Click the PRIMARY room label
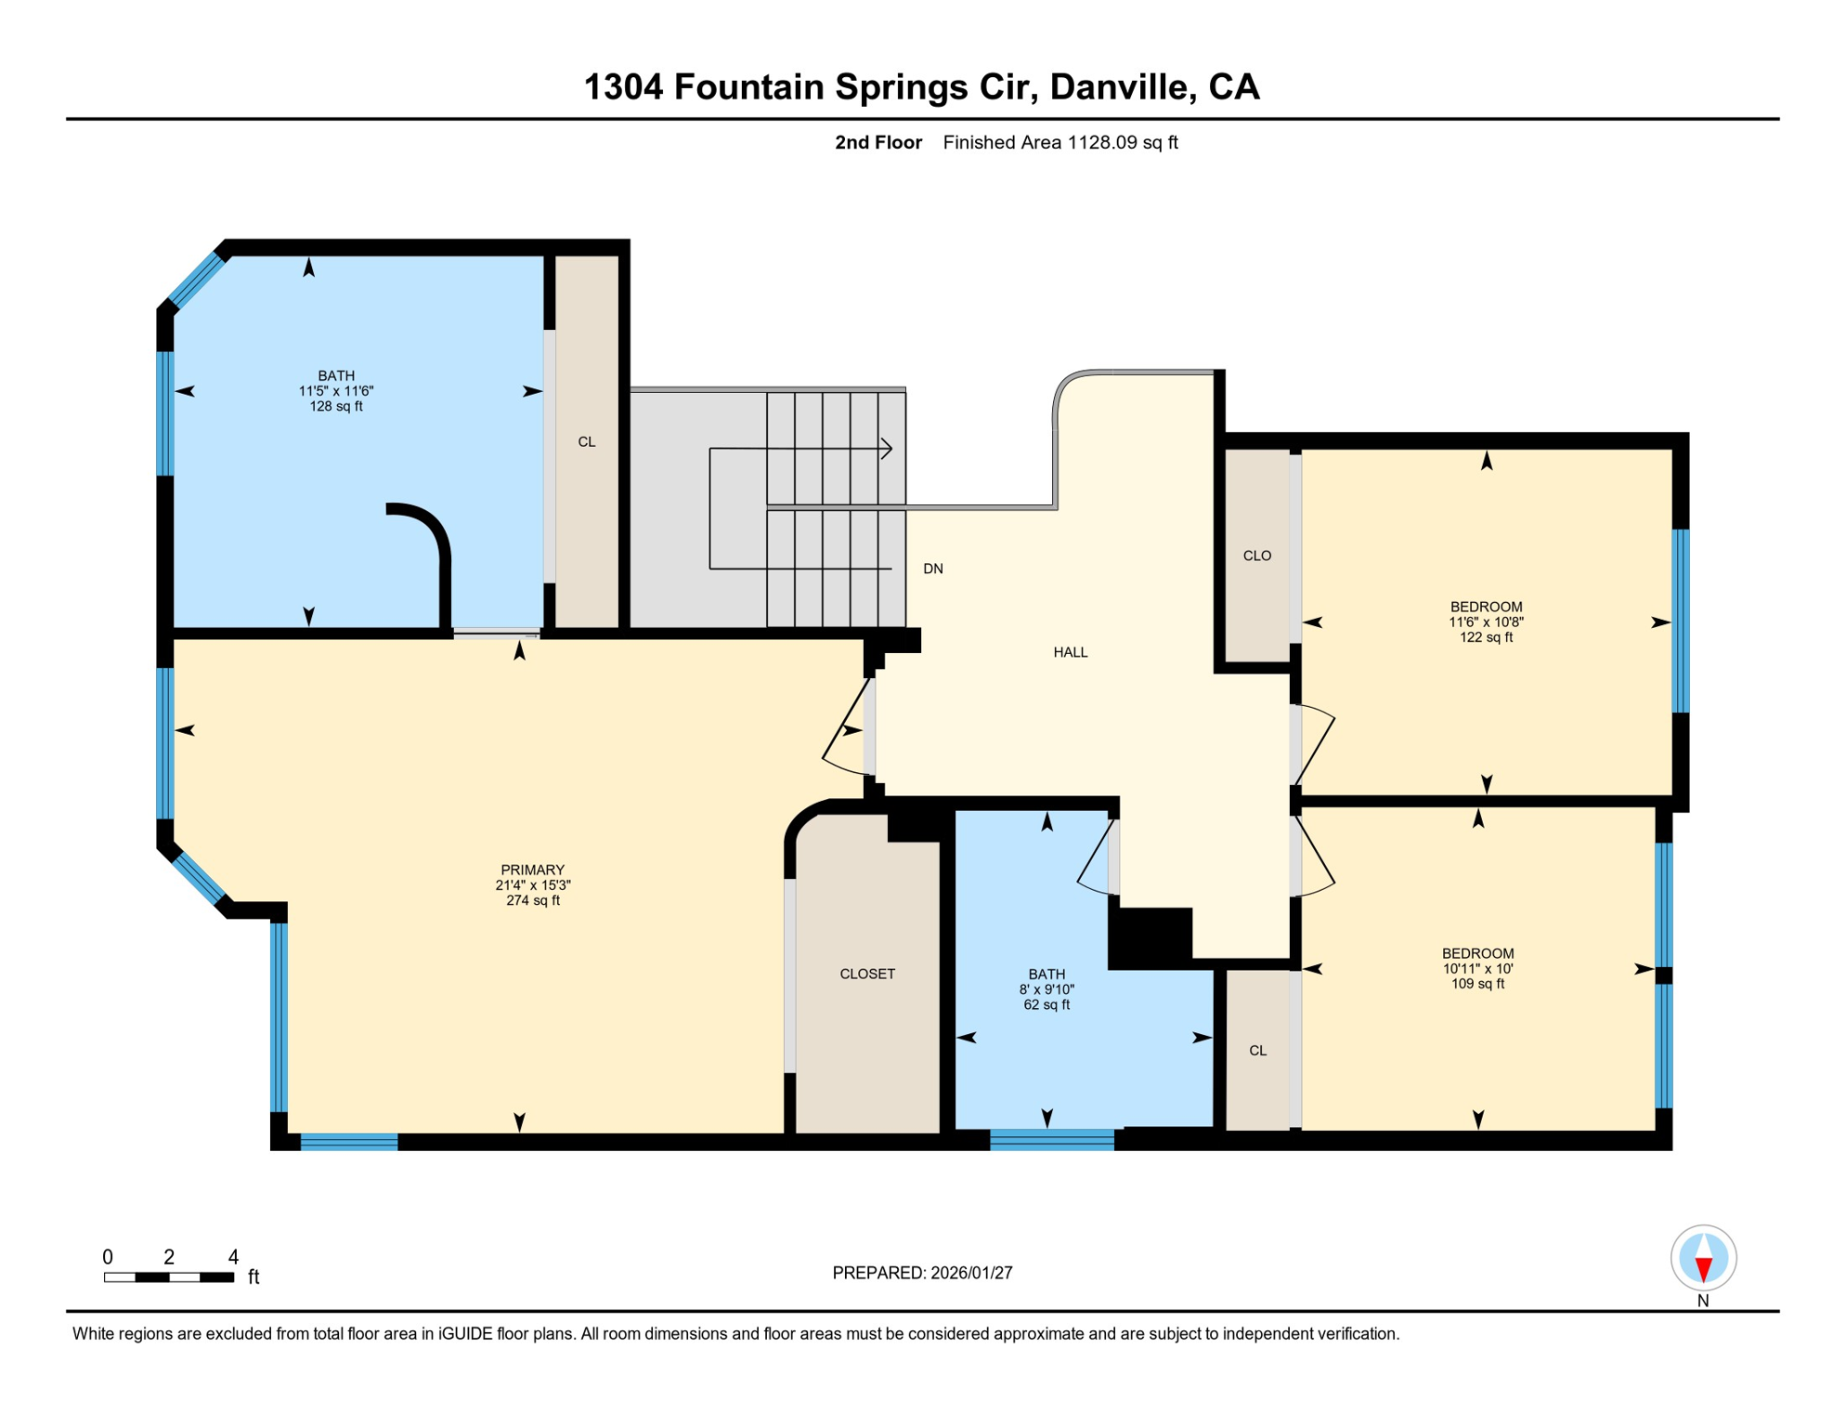(x=532, y=871)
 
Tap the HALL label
(x=1070, y=652)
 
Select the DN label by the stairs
(x=932, y=569)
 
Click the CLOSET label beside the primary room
(x=866, y=974)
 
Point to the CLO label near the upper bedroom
(x=1256, y=556)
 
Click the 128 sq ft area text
(x=335, y=406)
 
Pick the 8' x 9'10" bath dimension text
(x=1046, y=989)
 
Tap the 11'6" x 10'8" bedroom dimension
(x=1485, y=622)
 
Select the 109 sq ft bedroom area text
(x=1477, y=983)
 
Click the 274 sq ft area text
(x=532, y=900)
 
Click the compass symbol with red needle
(x=1703, y=1258)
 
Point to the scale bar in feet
(x=168, y=1277)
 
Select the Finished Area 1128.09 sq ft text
(x=1059, y=142)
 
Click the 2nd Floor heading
(x=877, y=142)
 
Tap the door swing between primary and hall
(x=847, y=729)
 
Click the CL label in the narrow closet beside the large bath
(x=586, y=441)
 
